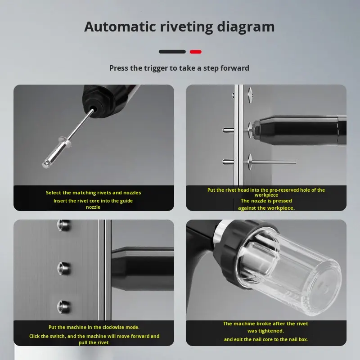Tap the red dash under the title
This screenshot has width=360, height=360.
point(196,52)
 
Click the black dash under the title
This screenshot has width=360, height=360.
point(172,52)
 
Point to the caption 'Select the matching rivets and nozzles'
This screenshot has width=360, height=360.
point(93,193)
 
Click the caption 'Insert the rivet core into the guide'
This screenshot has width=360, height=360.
point(93,201)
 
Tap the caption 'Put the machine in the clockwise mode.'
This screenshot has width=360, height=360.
point(94,327)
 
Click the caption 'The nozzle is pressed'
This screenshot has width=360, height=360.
point(266,201)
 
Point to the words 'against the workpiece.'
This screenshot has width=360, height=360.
point(266,208)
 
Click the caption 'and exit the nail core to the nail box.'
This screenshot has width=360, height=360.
point(266,339)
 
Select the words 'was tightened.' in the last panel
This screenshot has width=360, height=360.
point(265,331)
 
